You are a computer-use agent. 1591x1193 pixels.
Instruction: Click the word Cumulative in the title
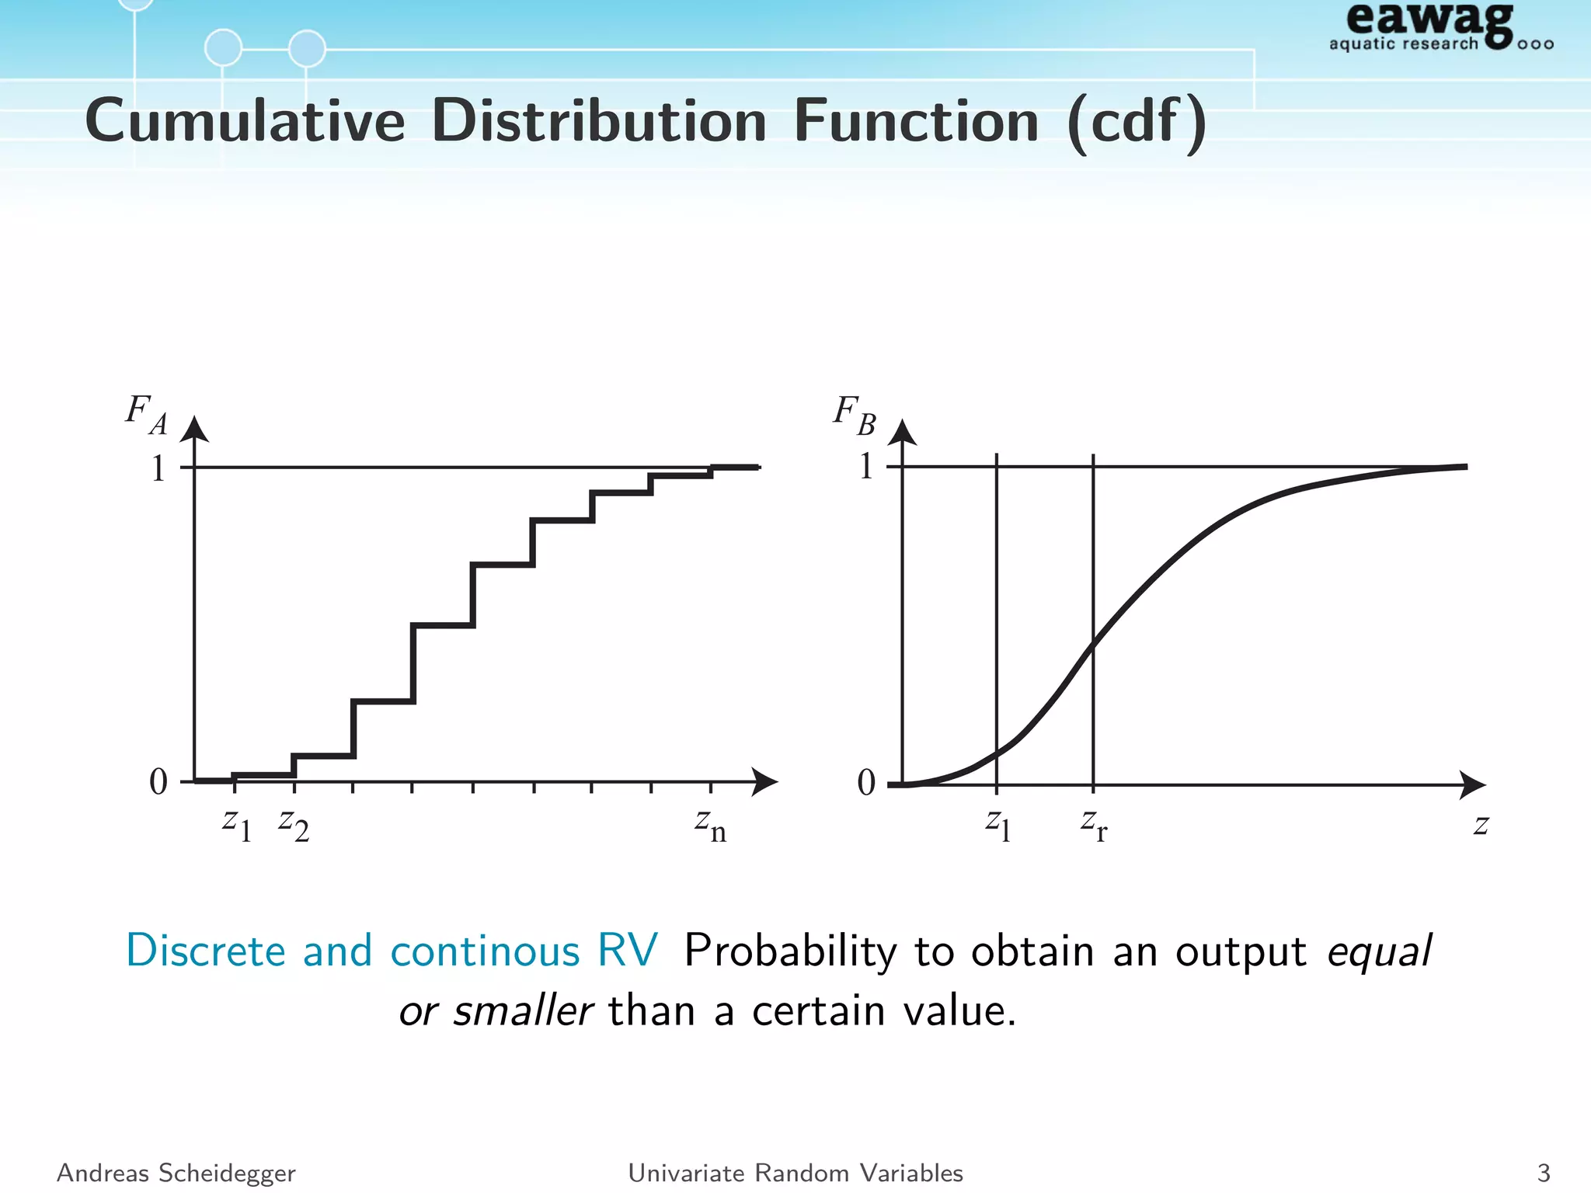click(245, 121)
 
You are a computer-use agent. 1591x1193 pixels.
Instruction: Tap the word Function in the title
click(916, 121)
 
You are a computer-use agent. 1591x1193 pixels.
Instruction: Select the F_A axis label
click(147, 415)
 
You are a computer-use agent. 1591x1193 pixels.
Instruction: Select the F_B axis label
click(855, 415)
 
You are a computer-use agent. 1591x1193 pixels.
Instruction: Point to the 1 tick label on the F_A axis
click(158, 468)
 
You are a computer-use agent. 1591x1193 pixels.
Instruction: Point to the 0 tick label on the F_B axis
click(866, 782)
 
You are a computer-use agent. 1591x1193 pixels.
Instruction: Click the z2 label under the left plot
click(294, 825)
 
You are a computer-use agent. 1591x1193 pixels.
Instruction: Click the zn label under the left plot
click(710, 825)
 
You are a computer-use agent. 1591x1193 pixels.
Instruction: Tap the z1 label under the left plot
click(237, 825)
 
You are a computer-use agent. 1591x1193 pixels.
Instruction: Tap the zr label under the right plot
click(1094, 825)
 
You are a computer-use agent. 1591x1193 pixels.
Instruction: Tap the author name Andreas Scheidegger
click(176, 1173)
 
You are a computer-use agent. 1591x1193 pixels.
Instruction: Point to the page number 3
click(1544, 1173)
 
